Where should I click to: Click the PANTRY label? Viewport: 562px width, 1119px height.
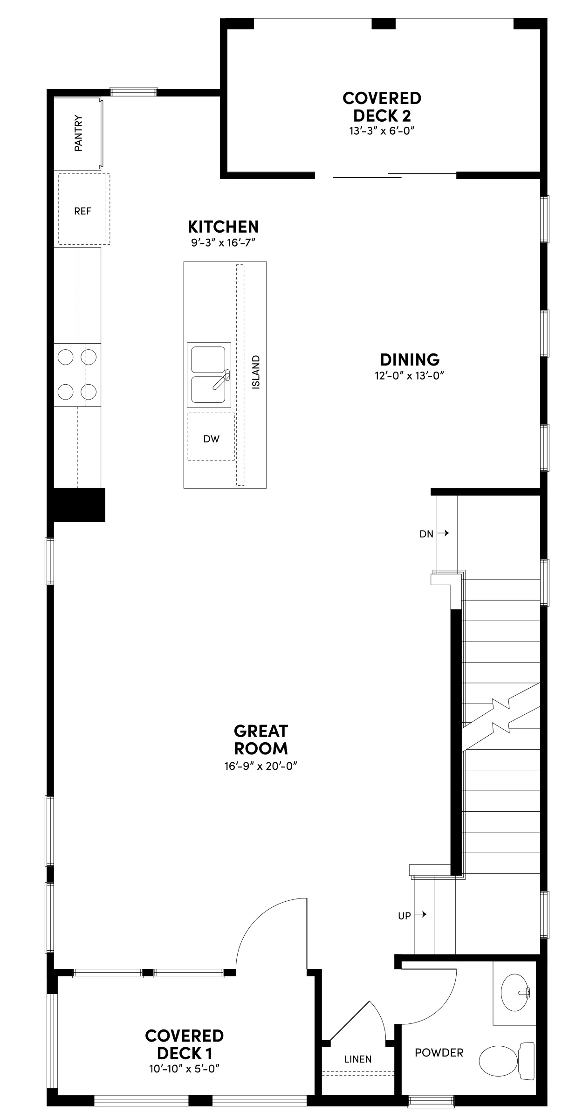(78, 133)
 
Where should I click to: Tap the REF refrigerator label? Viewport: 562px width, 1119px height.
(82, 211)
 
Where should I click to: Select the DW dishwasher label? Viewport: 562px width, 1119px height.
(211, 439)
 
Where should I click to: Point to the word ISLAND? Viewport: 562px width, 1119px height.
(255, 372)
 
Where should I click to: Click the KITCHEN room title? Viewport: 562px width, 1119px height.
(223, 227)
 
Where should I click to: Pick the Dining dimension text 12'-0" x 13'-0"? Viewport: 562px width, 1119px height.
(409, 376)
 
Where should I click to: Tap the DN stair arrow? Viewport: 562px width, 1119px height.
(445, 533)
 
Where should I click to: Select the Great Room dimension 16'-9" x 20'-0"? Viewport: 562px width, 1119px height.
(260, 766)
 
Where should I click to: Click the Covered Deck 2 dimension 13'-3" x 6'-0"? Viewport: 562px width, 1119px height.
(382, 131)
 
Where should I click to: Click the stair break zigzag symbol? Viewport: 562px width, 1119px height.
(501, 715)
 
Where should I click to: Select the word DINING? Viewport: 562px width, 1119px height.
(410, 360)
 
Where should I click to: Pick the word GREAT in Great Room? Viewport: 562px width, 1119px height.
(260, 731)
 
